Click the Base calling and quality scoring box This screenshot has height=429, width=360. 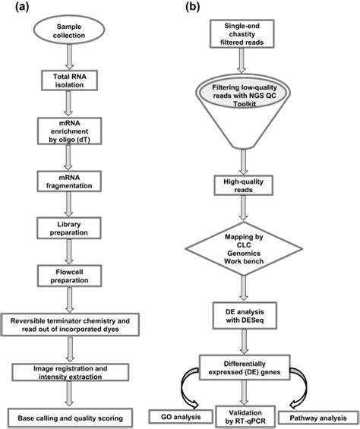point(70,416)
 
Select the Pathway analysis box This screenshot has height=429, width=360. point(314,416)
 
